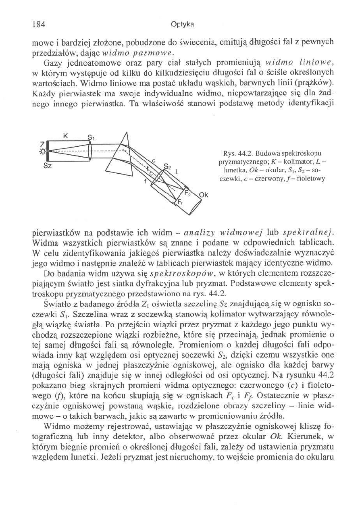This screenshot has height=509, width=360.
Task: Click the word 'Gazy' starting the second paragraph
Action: tap(52, 62)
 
